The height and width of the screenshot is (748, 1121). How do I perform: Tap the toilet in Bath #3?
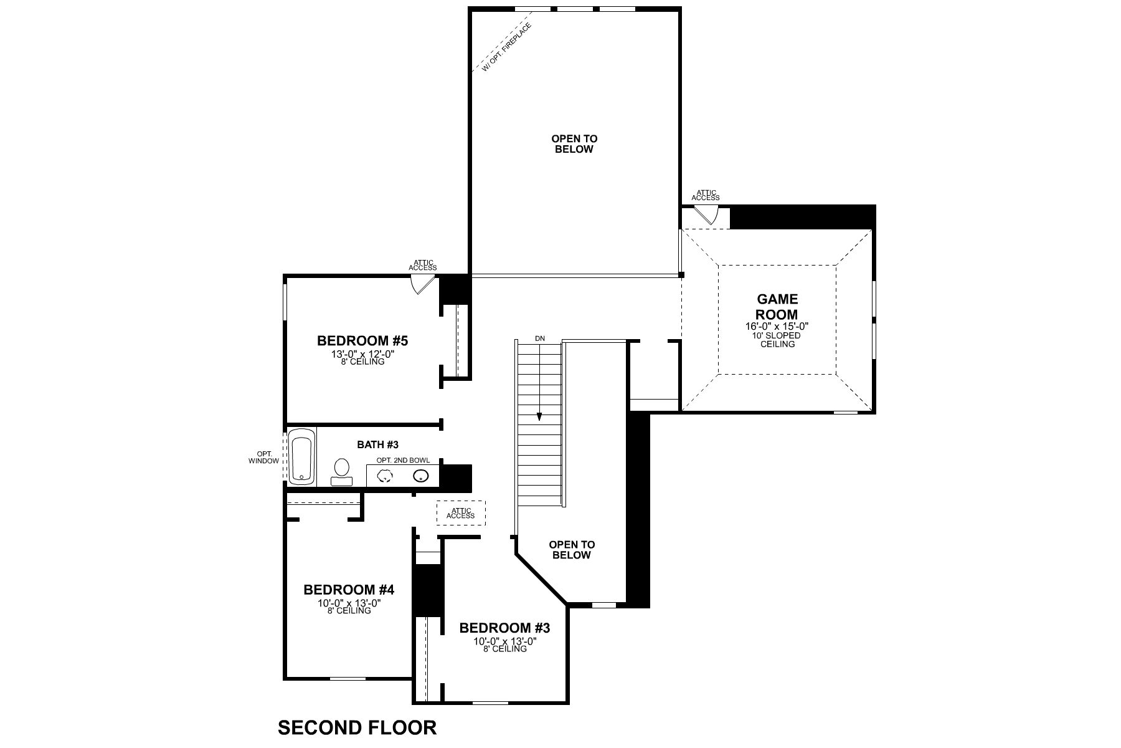click(341, 471)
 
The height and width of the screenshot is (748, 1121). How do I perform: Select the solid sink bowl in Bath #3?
click(421, 476)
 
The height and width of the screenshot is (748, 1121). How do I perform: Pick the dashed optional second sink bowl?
click(386, 476)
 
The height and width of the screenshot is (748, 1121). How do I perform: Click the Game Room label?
click(777, 307)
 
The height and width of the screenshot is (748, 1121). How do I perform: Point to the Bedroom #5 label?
click(362, 341)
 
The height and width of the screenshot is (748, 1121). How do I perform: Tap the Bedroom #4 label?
click(349, 589)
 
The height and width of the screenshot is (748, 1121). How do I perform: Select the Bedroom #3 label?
click(504, 628)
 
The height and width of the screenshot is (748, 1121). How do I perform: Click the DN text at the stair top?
click(539, 338)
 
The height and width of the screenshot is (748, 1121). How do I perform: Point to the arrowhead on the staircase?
click(539, 416)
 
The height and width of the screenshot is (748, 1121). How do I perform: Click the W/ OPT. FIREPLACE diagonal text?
click(507, 47)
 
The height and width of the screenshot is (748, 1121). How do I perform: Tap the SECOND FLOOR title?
click(357, 727)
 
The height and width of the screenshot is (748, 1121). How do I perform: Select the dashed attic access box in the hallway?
click(460, 513)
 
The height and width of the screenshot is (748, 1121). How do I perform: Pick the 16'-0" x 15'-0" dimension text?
click(777, 326)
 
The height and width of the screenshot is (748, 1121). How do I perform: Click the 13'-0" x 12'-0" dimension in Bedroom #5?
click(363, 354)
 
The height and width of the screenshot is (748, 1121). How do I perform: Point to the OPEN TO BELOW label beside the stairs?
click(571, 550)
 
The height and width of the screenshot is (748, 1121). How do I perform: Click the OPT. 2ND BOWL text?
click(402, 460)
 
